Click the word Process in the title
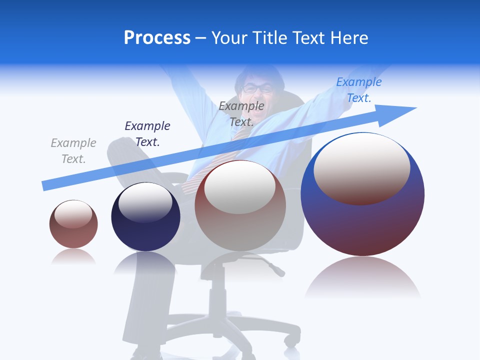[157, 38]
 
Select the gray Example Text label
[73, 151]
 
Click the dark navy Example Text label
[147, 134]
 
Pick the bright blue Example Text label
[359, 90]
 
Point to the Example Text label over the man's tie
[241, 114]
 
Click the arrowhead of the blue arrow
[400, 112]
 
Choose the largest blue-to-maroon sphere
[362, 220]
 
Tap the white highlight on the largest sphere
[361, 167]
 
